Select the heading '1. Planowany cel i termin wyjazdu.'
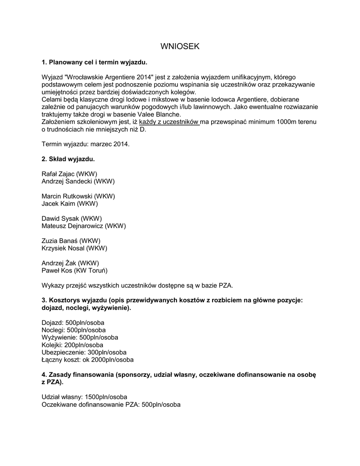(95, 62)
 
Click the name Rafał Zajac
(69, 174)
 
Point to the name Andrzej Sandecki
(78, 181)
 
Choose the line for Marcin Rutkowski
(78, 196)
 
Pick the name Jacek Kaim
(70, 203)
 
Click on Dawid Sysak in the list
(71, 218)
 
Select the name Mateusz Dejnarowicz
(84, 226)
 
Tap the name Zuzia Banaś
(71, 241)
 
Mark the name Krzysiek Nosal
(74, 248)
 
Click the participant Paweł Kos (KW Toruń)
(74, 270)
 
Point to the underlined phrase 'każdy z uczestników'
(169, 122)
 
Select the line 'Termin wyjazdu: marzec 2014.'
(86, 144)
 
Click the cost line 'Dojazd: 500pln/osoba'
(73, 323)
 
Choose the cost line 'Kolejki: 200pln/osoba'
(72, 345)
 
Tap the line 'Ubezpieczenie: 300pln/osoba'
(84, 352)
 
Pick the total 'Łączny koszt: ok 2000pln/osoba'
(87, 360)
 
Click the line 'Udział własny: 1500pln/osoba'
(84, 397)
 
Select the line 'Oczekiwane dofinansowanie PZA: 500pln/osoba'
(111, 404)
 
